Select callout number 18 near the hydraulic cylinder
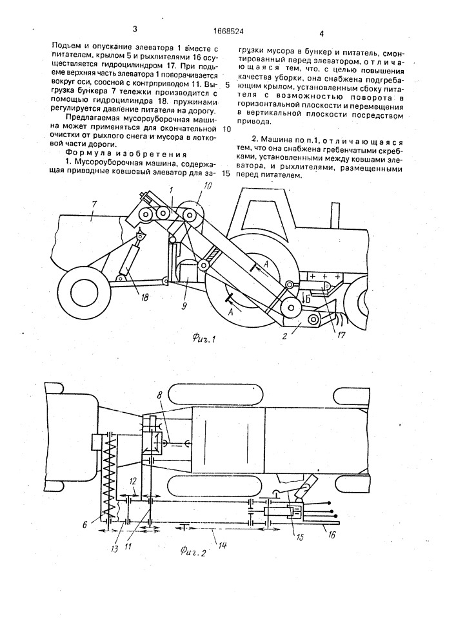pyautogui.click(x=135, y=280)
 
